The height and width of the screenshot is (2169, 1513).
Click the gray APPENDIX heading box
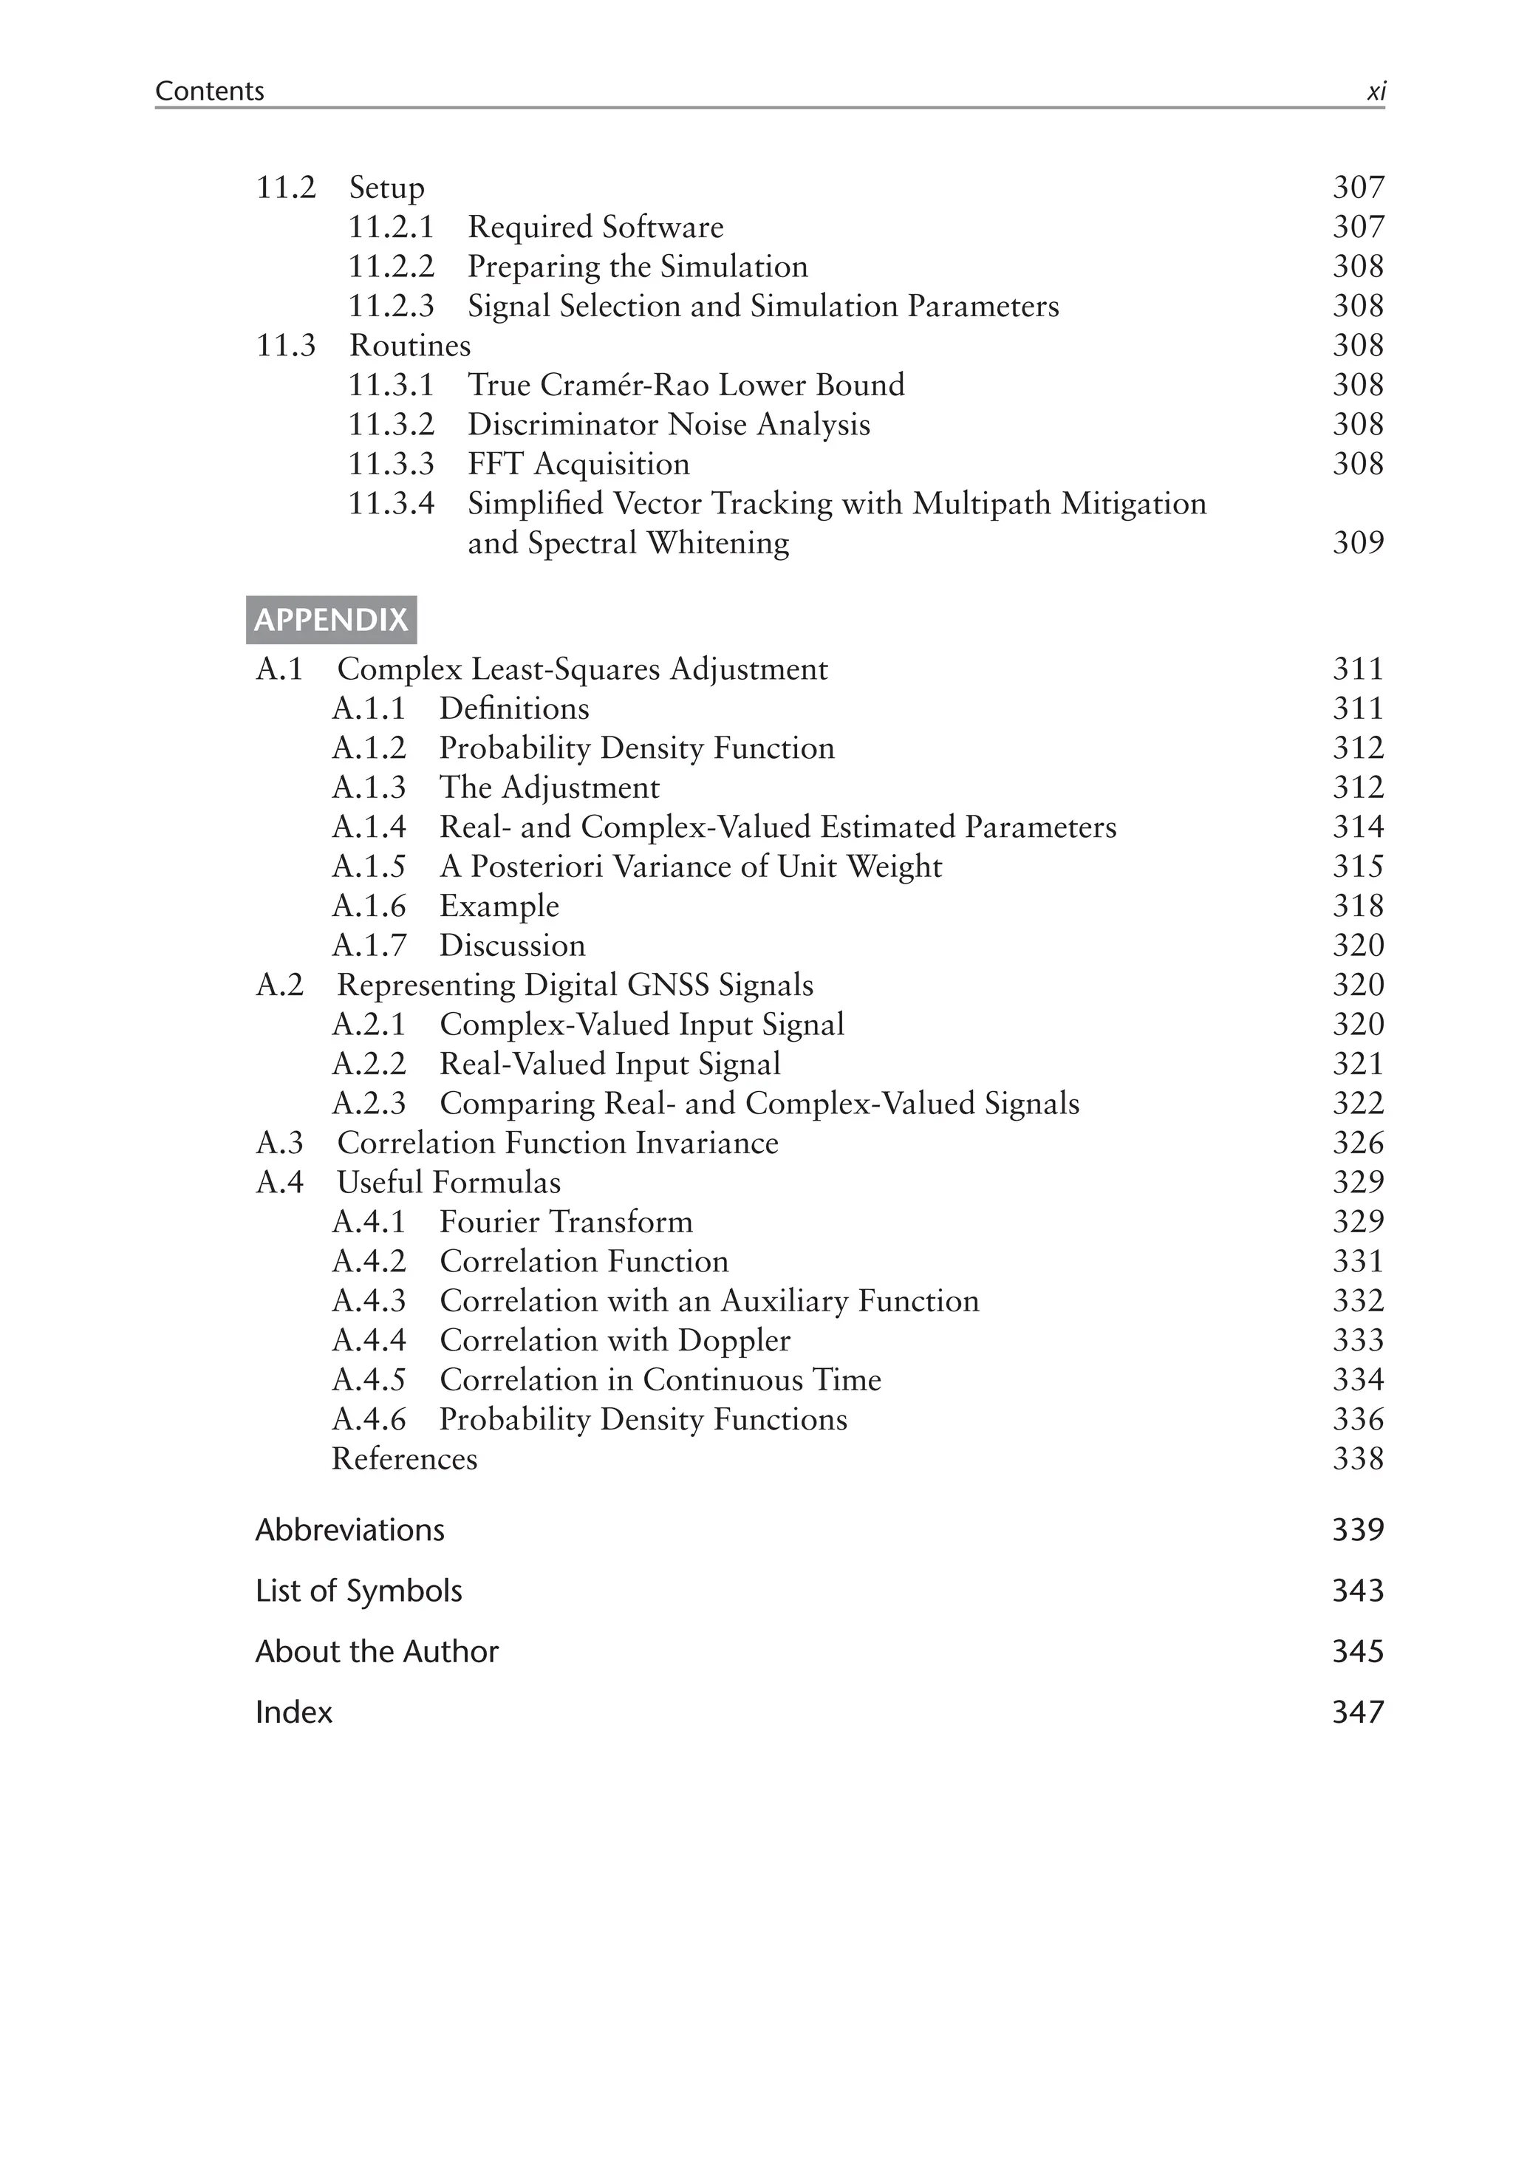[330, 620]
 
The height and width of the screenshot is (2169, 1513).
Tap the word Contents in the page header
[210, 91]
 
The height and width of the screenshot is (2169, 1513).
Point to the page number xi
[1376, 92]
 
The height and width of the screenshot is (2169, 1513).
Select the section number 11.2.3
[391, 306]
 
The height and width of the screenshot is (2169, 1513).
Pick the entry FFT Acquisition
[578, 464]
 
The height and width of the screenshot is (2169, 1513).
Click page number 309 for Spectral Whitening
[1357, 542]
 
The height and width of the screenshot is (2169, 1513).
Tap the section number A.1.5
[369, 867]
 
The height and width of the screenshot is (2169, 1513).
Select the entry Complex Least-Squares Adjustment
[581, 669]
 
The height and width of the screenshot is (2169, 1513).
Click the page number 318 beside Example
[1357, 906]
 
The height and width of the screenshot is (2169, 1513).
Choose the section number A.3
[279, 1143]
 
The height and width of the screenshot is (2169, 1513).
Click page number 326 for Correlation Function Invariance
[1357, 1143]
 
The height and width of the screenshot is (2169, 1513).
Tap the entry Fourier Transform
[566, 1223]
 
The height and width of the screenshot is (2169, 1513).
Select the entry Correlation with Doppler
[615, 1341]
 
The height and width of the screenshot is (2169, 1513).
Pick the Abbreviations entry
[349, 1531]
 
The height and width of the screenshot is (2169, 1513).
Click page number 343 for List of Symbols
[1357, 1591]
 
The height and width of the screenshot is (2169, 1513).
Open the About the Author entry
[377, 1651]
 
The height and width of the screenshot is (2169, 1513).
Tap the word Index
[294, 1712]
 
